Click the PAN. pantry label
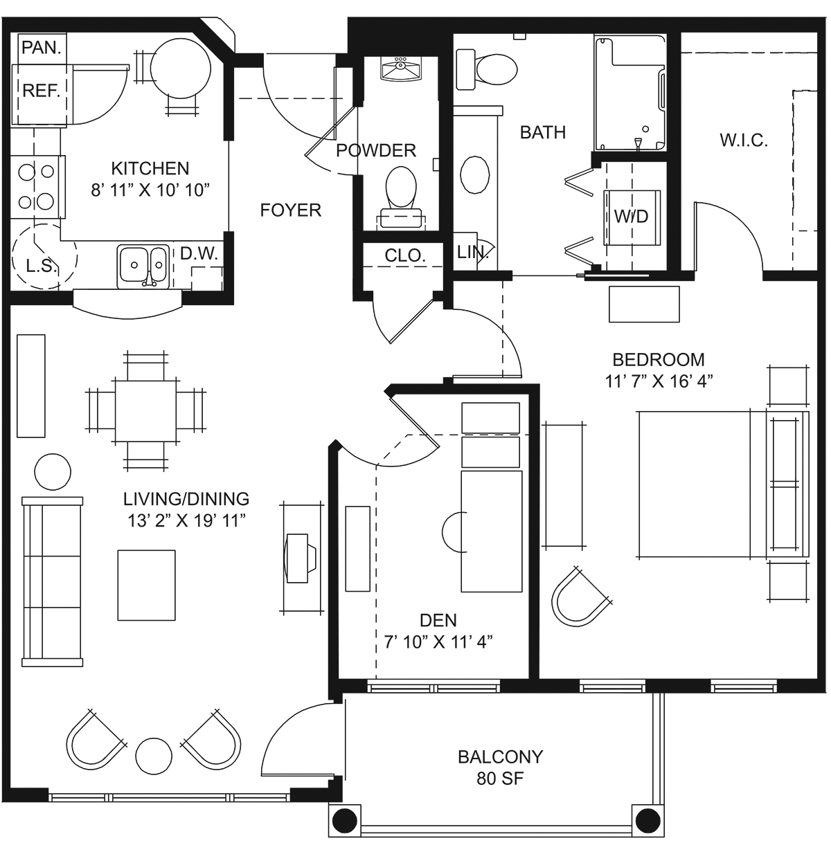[42, 47]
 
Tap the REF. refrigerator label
[42, 91]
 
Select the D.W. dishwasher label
[199, 253]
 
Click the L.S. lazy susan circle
[44, 257]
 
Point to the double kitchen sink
[143, 266]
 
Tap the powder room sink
[400, 69]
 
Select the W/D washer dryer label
[631, 217]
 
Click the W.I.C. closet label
[744, 140]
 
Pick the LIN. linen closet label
[472, 253]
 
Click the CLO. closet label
[405, 255]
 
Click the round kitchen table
[180, 69]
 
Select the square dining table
[146, 411]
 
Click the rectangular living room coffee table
[146, 585]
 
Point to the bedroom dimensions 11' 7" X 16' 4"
[659, 381]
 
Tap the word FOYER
[290, 210]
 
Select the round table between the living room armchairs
[154, 756]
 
